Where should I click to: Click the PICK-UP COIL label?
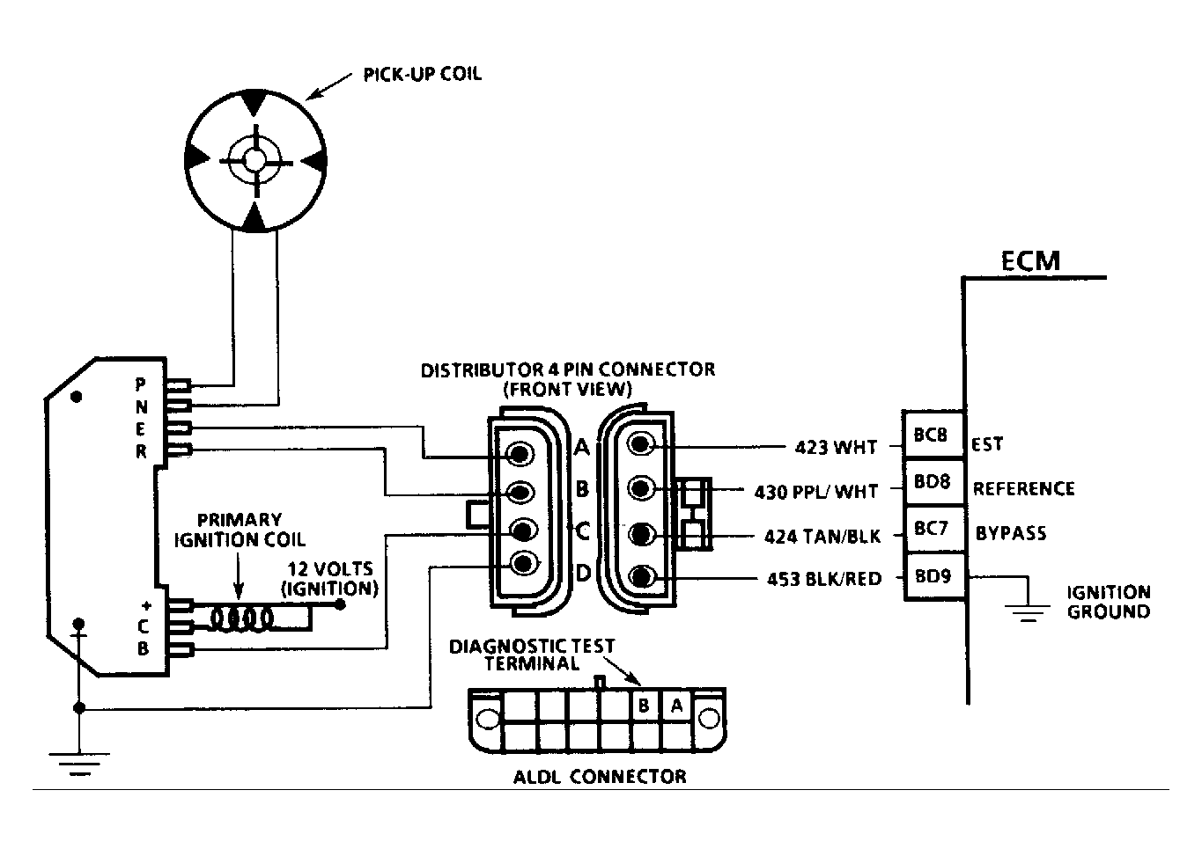(423, 74)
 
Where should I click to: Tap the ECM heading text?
(1030, 261)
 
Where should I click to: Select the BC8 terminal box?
(933, 435)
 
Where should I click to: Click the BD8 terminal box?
(933, 482)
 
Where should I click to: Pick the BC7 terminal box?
(933, 529)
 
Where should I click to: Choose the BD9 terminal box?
(933, 577)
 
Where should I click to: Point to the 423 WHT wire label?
(836, 447)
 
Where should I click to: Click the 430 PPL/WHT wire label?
(815, 492)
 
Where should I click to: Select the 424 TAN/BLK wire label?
(822, 536)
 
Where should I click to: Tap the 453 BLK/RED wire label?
(824, 579)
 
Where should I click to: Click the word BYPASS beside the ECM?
(1011, 533)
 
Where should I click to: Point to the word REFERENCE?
(1024, 489)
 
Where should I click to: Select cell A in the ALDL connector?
(676, 706)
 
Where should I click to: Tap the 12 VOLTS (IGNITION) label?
(330, 578)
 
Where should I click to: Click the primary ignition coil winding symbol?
(241, 619)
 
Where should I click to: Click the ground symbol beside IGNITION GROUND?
(1028, 612)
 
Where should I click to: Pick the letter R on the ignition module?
(141, 451)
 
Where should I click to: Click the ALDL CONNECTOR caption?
(600, 777)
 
